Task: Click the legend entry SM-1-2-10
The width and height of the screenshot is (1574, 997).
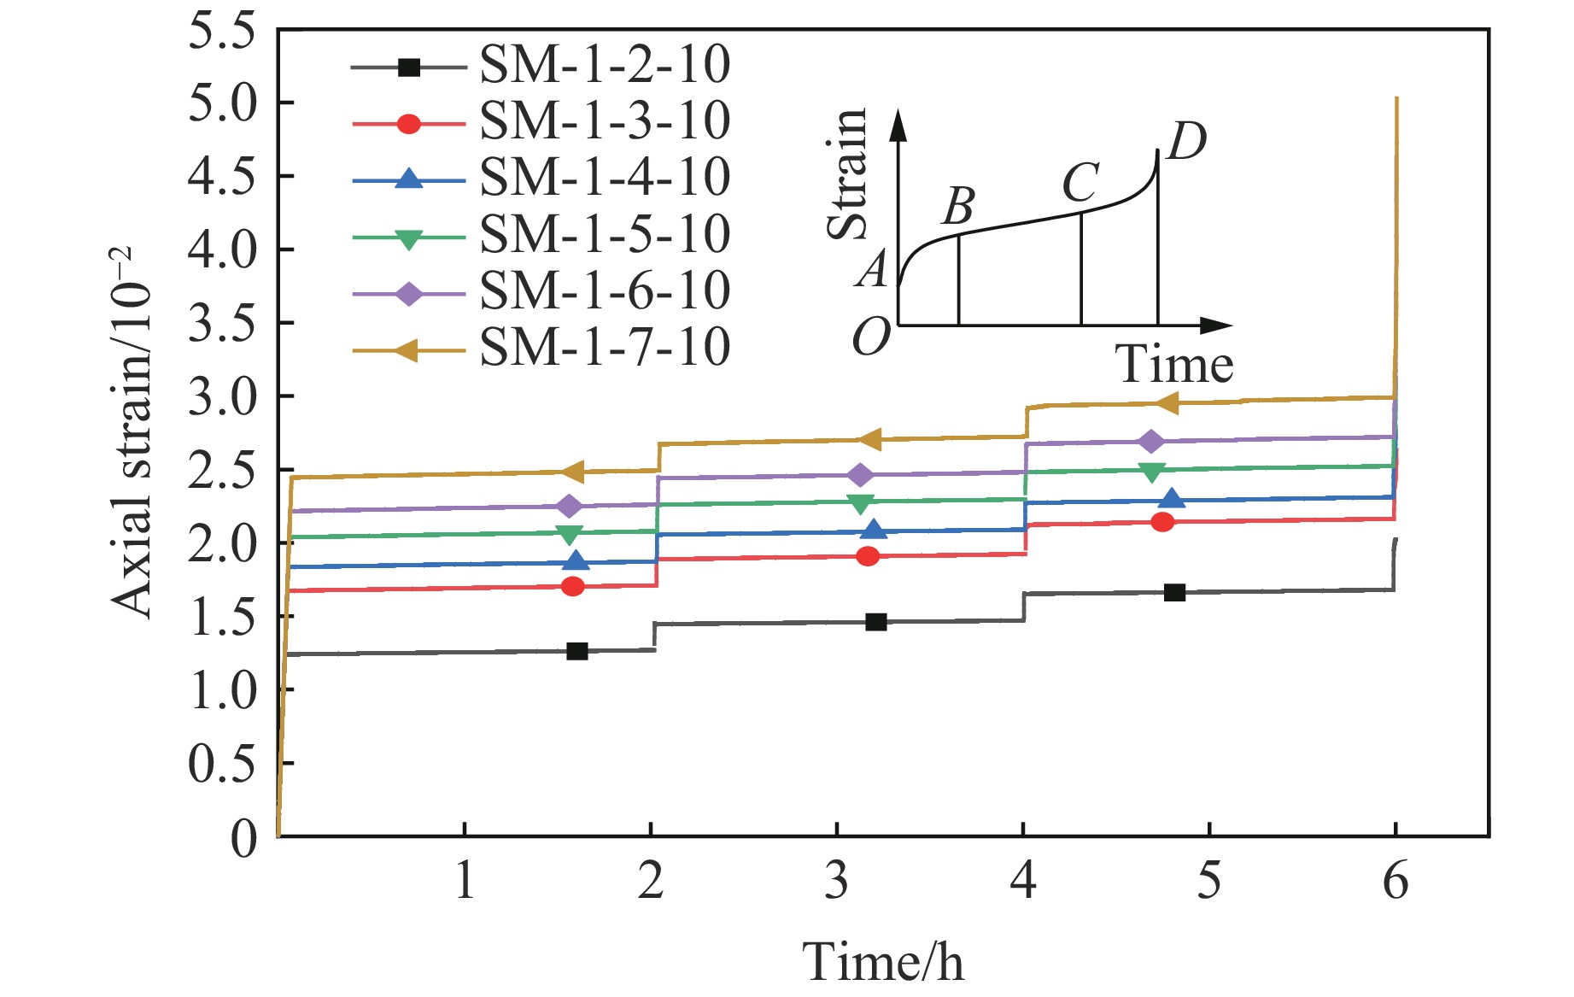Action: pyautogui.click(x=605, y=65)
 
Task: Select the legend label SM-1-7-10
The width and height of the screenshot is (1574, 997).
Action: pyautogui.click(x=605, y=348)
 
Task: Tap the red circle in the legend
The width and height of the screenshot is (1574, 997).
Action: pyautogui.click(x=409, y=124)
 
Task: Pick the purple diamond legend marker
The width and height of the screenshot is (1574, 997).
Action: pyautogui.click(x=409, y=294)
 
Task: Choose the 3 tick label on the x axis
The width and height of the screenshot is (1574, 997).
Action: pyautogui.click(x=837, y=880)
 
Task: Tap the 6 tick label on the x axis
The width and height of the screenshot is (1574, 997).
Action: pyautogui.click(x=1396, y=880)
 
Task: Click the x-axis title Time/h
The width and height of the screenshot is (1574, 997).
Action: pyautogui.click(x=882, y=961)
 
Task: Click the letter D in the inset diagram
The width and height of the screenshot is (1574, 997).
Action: pyautogui.click(x=1186, y=141)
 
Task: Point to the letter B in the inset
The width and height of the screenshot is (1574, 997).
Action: pyautogui.click(x=960, y=205)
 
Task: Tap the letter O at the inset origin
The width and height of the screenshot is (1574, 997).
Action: pyautogui.click(x=872, y=338)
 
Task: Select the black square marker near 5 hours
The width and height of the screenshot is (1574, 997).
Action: pyautogui.click(x=1174, y=592)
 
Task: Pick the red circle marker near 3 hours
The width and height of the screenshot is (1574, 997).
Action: pyautogui.click(x=868, y=557)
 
